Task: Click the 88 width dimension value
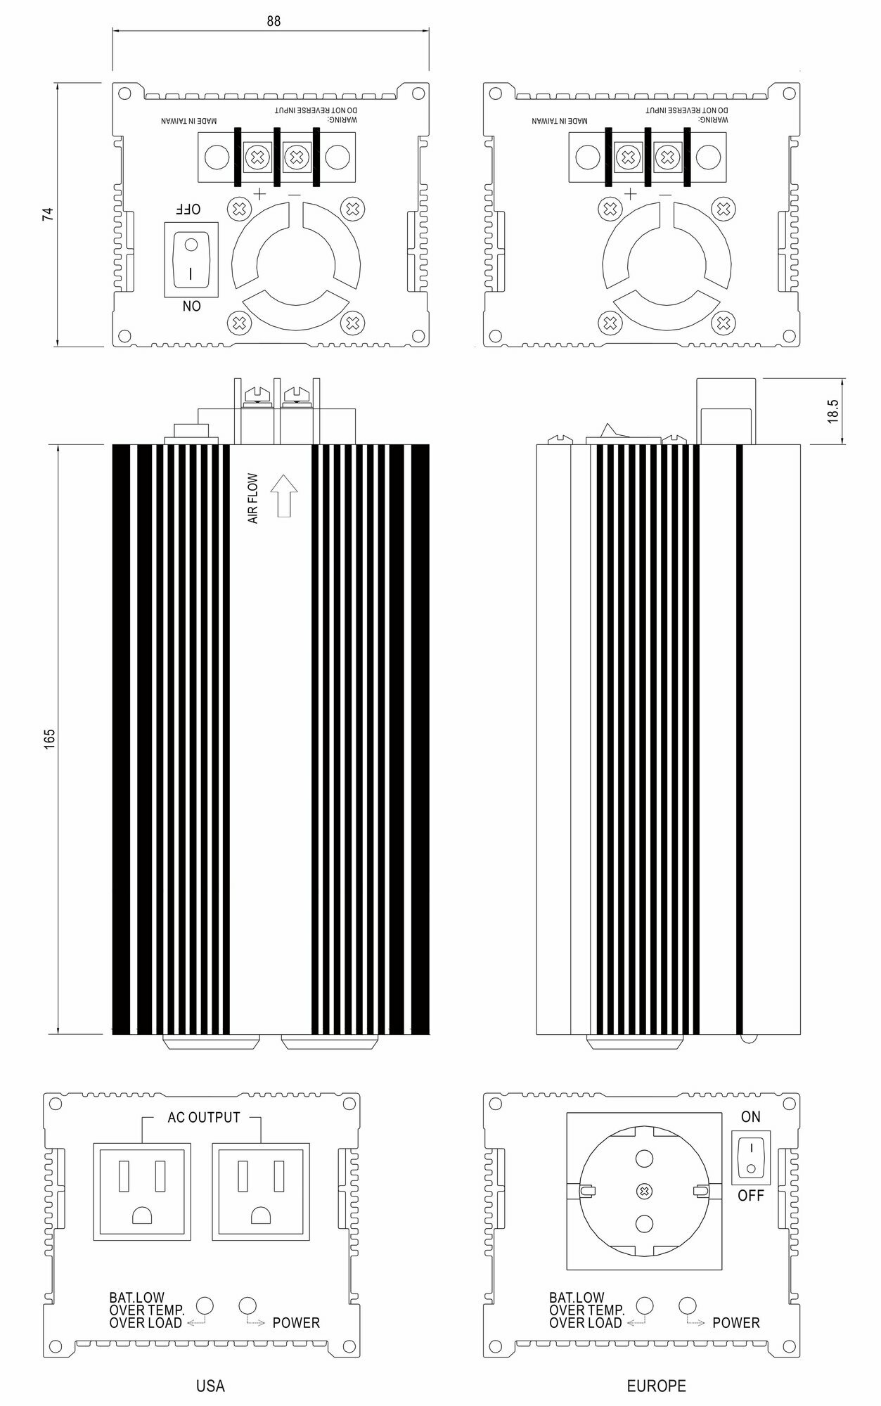[274, 22]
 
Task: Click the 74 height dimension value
[48, 214]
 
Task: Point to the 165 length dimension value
[49, 739]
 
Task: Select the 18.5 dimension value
[833, 411]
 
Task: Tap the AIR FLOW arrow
[283, 496]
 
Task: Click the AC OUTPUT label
[204, 1117]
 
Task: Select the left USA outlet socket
[142, 1191]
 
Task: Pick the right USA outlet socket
[261, 1191]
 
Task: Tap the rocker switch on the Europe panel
[751, 1156]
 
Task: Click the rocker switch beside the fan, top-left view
[191, 259]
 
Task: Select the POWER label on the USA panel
[296, 1323]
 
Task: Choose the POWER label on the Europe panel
[736, 1323]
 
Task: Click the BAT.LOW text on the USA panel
[137, 1298]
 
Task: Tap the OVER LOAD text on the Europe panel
[586, 1323]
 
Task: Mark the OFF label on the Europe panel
[750, 1195]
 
